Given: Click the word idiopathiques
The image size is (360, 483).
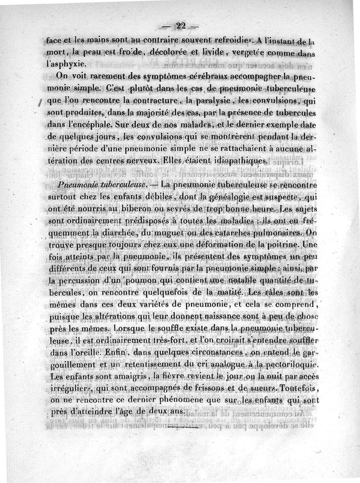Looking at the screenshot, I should point(231,161).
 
